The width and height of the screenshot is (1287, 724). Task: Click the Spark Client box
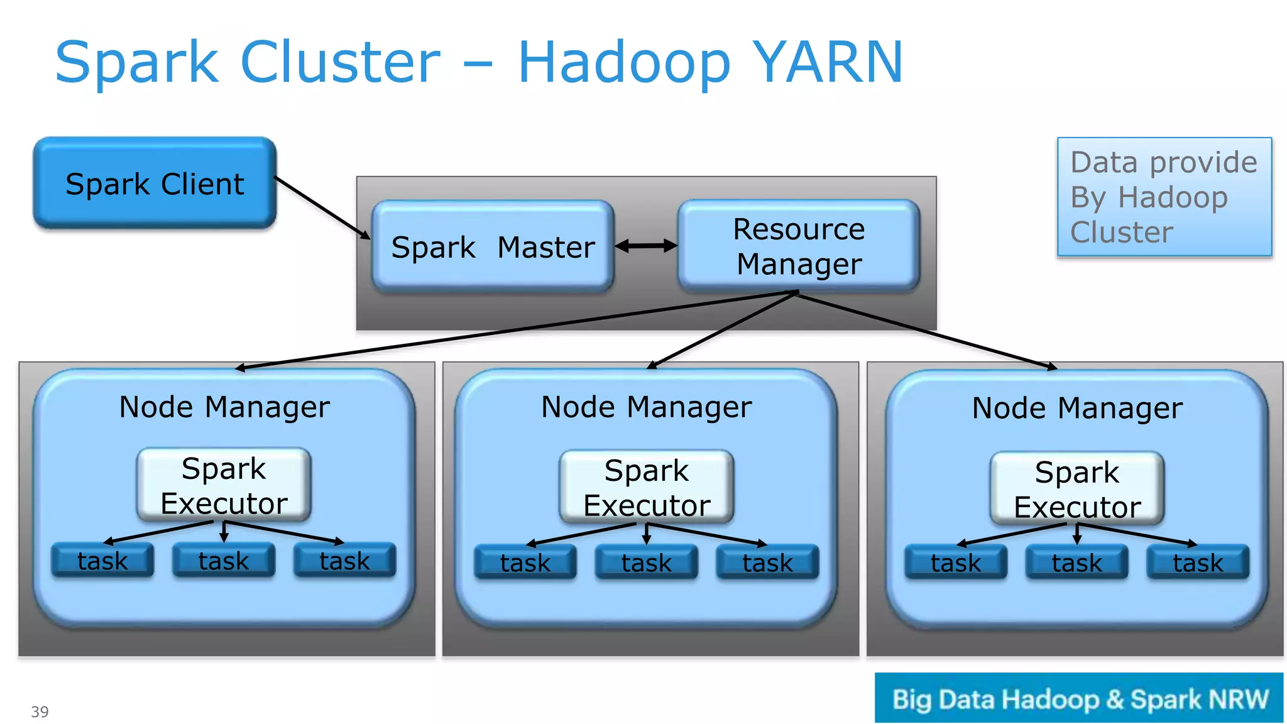(155, 184)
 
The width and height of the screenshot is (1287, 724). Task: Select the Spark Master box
(493, 246)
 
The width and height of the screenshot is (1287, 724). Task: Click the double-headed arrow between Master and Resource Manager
(646, 246)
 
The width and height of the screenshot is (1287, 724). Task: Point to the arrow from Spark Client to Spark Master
(322, 207)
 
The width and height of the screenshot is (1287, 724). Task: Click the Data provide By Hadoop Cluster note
(1164, 197)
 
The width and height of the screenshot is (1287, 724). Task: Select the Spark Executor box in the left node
(224, 485)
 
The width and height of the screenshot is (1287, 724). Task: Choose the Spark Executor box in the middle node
(647, 487)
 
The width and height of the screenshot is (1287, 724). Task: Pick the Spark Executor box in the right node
(1077, 488)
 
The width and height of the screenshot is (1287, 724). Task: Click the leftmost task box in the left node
(102, 560)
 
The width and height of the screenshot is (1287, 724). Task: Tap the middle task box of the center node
(647, 562)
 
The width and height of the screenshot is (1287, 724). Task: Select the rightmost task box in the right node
(1198, 562)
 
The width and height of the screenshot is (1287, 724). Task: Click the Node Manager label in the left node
(224, 407)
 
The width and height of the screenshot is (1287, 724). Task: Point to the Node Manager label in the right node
(1077, 409)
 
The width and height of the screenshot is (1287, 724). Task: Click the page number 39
(40, 711)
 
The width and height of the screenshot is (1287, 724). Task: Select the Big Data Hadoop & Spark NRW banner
(1079, 698)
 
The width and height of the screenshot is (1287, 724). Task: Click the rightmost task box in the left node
(345, 560)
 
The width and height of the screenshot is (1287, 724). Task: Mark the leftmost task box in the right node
(956, 562)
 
